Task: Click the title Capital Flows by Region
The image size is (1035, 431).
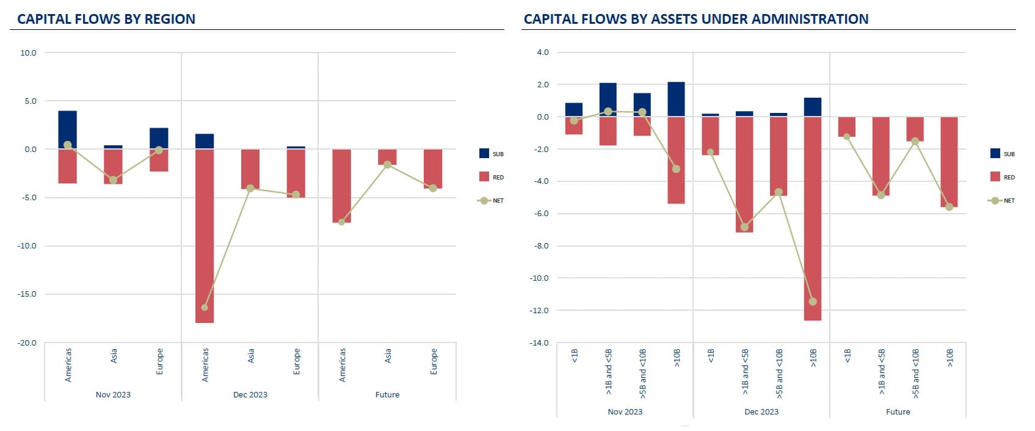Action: pos(106,19)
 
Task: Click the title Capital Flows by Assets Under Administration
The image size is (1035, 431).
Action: pos(695,19)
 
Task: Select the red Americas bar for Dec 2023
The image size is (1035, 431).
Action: pos(205,236)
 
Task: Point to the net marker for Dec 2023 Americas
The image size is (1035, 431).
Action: pos(205,307)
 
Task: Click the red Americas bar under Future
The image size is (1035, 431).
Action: pos(342,186)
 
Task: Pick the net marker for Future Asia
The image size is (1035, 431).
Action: pos(387,165)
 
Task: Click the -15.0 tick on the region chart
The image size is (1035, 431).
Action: pos(27,294)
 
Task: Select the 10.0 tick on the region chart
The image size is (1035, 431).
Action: pos(28,53)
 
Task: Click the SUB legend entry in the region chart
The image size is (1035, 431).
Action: pos(492,154)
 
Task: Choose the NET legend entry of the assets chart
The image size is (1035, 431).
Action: pos(1002,200)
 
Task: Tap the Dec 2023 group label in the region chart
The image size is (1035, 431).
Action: pos(250,394)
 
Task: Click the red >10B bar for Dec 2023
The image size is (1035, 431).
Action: pos(813,218)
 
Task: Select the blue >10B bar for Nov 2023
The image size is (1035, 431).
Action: pos(676,99)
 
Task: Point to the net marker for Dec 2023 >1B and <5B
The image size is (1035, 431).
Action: pos(744,227)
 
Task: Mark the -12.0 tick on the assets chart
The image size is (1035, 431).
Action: pos(540,311)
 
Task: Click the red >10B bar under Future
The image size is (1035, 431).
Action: pos(949,162)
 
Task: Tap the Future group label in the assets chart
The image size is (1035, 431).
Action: pos(898,411)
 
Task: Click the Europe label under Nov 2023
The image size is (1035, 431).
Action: pos(160,361)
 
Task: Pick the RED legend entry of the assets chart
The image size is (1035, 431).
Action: pos(1002,177)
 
